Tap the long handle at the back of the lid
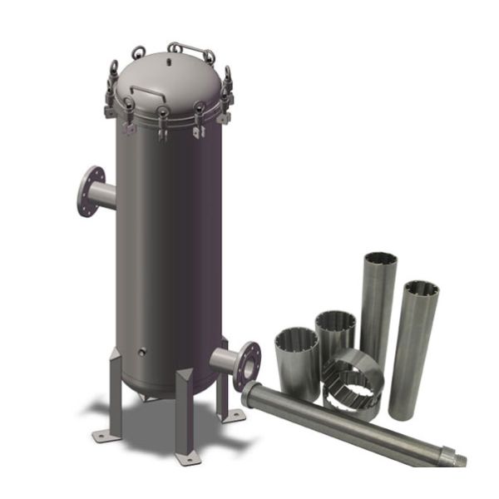pos(189,47)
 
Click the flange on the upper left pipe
pos(90,191)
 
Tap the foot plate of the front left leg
pos(106,433)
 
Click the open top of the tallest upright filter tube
pos(379,263)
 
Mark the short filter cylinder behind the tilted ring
pos(336,333)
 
